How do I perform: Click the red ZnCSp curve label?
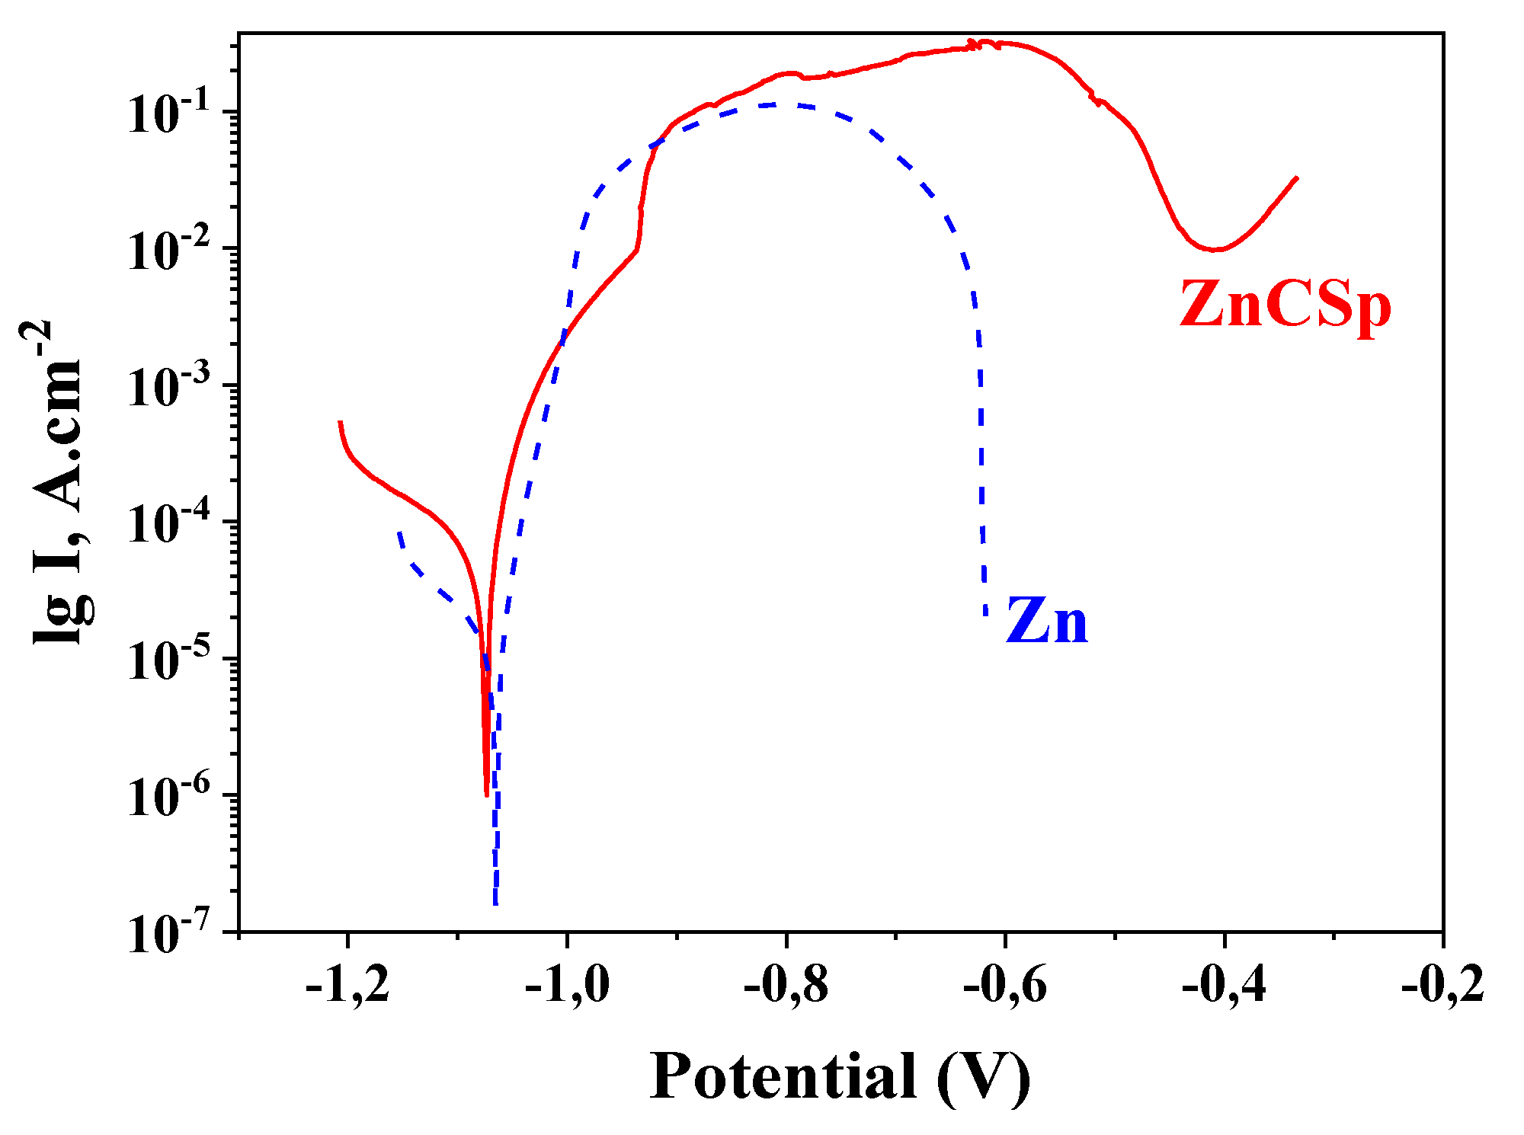coord(1285,305)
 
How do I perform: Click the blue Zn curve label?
coord(1047,621)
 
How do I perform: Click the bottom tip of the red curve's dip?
coord(487,795)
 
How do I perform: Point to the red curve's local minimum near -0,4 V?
coord(1216,249)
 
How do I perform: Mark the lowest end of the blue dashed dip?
coord(496,904)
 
